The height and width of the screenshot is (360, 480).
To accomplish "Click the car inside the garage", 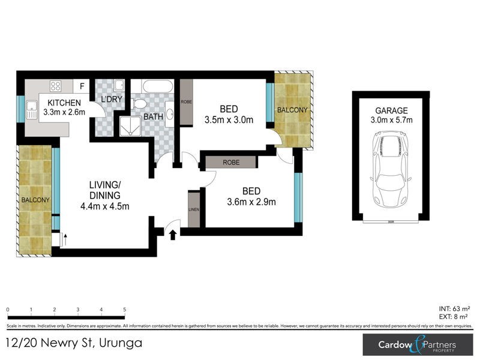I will [391, 166].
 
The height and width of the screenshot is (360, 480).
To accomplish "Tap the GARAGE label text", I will [391, 110].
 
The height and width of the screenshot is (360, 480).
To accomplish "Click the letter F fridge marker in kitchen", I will [82, 86].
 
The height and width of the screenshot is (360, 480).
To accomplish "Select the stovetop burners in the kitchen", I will [55, 86].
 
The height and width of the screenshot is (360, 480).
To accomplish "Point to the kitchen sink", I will [32, 109].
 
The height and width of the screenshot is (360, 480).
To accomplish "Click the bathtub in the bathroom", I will [152, 86].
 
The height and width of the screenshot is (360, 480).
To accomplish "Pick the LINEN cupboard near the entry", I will [194, 209].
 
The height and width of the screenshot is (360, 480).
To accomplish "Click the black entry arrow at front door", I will [173, 235].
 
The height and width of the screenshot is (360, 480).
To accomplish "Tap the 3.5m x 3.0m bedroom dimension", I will [229, 120].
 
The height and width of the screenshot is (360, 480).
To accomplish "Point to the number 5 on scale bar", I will [124, 310].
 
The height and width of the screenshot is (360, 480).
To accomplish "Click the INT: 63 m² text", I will [452, 308].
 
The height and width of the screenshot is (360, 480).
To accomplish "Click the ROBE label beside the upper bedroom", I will [187, 102].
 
